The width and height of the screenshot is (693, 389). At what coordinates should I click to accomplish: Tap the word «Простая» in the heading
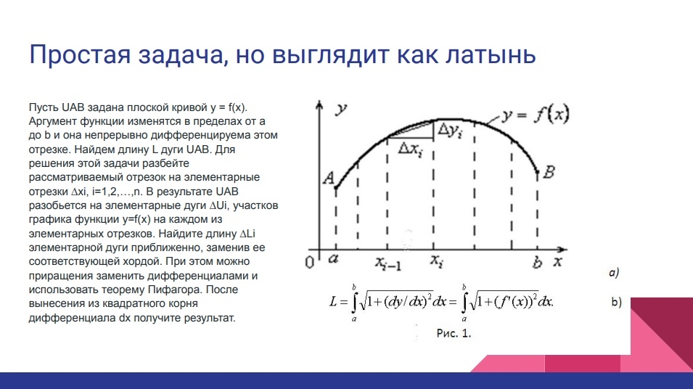(x=81, y=55)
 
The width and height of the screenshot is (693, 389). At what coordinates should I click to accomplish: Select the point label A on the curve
(x=328, y=178)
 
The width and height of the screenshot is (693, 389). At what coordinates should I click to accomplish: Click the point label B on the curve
(x=549, y=171)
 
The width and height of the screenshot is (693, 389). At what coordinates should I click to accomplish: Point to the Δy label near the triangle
(x=449, y=131)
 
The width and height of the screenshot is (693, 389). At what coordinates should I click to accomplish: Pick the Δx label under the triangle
(x=411, y=149)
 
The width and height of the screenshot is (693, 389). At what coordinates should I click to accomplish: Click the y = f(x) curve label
(x=536, y=115)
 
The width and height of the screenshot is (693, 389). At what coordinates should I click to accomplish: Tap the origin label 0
(x=309, y=263)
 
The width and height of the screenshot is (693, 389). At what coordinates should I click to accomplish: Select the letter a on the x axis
(x=333, y=258)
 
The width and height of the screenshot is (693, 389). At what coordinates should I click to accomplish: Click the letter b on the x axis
(x=537, y=262)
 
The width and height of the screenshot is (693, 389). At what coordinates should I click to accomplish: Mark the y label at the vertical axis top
(x=341, y=108)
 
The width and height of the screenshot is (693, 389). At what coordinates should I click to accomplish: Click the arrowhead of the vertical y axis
(x=319, y=105)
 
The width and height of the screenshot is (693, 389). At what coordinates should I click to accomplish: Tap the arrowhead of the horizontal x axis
(x=562, y=250)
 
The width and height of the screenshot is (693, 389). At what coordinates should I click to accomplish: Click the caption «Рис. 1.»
(x=454, y=333)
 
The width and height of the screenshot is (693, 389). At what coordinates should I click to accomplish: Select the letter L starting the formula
(x=333, y=302)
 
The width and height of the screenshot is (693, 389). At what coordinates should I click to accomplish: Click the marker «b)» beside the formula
(x=617, y=302)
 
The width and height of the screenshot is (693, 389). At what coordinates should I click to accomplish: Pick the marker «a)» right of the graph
(x=614, y=273)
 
